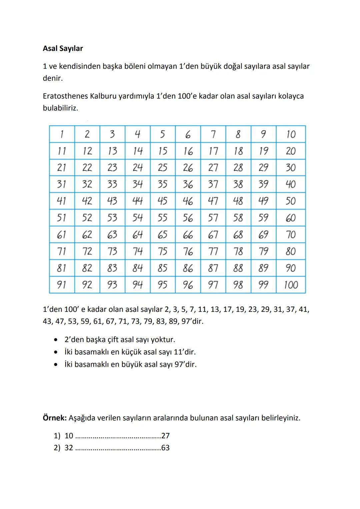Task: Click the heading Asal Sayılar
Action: [63, 48]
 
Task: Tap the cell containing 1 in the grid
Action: [62, 134]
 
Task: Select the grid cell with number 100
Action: [291, 285]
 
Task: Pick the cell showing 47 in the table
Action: [213, 201]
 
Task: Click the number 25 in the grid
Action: [162, 168]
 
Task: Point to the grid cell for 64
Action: [137, 235]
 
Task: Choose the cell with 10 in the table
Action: [291, 134]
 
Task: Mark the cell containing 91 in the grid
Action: [62, 285]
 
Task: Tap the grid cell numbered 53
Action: [112, 218]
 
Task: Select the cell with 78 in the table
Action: [238, 251]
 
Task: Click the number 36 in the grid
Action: [188, 184]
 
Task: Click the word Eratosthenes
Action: [65, 96]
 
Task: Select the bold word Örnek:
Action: [55, 418]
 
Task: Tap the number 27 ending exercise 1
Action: [165, 436]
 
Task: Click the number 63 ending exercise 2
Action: [165, 448]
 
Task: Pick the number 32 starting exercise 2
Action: [69, 448]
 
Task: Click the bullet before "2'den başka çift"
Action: [56, 340]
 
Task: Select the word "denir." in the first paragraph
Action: [53, 78]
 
